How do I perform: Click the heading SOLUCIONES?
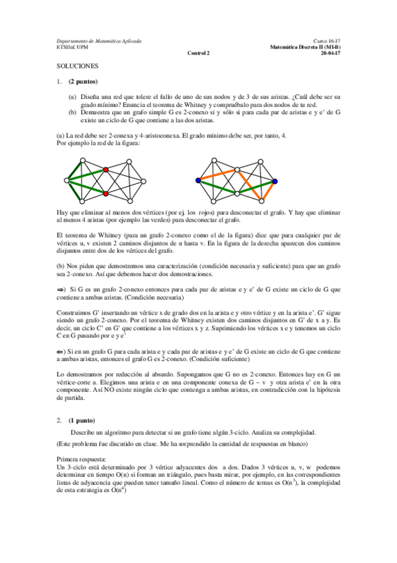(77, 67)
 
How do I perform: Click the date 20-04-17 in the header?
(330, 53)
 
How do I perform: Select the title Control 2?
(198, 53)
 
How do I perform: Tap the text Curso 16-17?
(327, 41)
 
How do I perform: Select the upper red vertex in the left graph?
(105, 170)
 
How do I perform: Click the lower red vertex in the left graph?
(105, 193)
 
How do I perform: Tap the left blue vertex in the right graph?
(198, 181)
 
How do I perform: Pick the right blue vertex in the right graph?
(274, 181)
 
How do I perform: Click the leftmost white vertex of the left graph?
(66, 180)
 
